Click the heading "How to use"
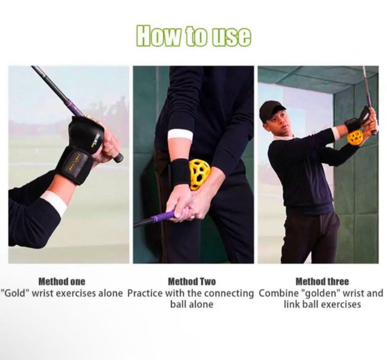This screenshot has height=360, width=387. point(194,36)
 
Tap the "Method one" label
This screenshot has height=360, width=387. point(62,281)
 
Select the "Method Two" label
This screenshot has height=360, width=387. point(192,281)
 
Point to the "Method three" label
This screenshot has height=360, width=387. point(322,281)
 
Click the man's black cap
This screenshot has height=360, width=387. point(271,108)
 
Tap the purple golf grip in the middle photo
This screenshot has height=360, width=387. point(161,217)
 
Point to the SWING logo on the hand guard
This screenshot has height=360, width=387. point(95,139)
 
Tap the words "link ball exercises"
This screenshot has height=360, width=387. point(322,304)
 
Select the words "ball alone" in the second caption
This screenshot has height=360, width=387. point(192,304)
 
